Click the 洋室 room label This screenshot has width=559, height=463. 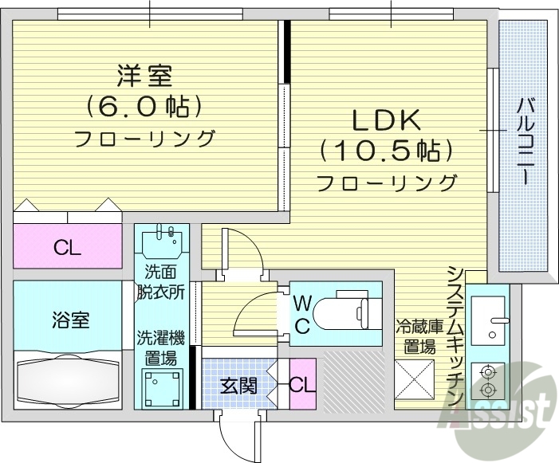pos(144,77)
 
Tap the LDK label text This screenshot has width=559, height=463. pos(387,120)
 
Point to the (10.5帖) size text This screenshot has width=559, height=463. pos(387,150)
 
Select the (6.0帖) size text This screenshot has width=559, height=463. pos(144,107)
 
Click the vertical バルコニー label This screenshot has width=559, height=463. pos(524,141)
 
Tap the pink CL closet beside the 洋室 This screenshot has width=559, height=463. pos(67,247)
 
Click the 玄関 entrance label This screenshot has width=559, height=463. pos(238,386)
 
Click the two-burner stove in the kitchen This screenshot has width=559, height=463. pos(488,381)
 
